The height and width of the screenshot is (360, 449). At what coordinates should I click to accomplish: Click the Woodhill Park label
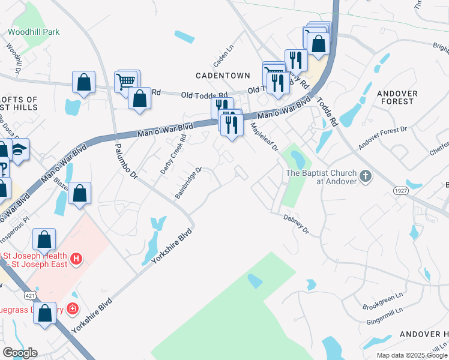tap(33, 31)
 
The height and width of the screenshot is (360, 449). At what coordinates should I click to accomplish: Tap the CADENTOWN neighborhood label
tap(223, 75)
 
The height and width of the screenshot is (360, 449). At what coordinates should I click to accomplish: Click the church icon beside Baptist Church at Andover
tap(366, 178)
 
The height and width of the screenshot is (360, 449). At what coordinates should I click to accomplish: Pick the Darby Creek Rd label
tap(174, 154)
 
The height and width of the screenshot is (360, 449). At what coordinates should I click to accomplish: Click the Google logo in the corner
tap(20, 353)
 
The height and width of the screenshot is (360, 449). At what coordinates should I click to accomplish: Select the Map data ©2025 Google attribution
tap(412, 355)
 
